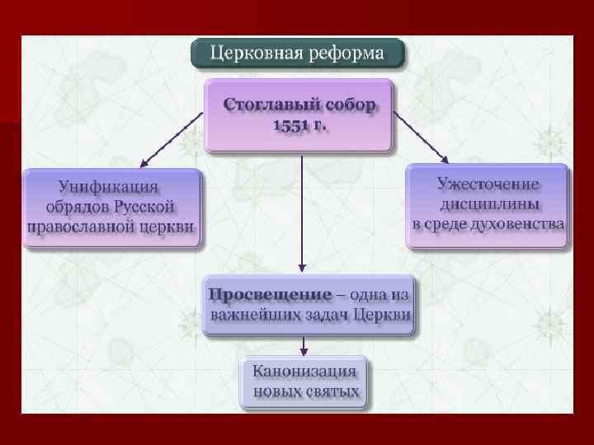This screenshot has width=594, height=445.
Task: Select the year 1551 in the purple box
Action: click(x=288, y=126)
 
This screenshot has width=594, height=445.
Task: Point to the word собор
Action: click(x=346, y=105)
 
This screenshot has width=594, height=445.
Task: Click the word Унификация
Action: click(x=108, y=187)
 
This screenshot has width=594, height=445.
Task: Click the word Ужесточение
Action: click(x=488, y=184)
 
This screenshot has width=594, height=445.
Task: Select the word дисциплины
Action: click(x=488, y=203)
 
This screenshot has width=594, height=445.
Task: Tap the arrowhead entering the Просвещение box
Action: click(x=303, y=269)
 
